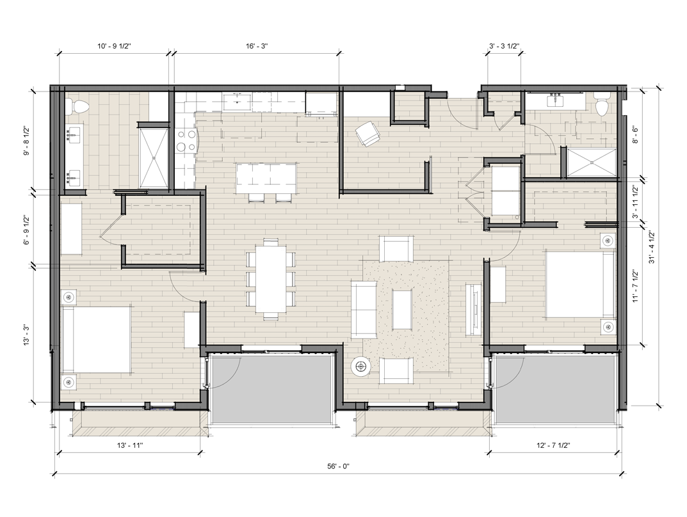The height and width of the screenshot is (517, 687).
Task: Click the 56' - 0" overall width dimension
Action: [x=338, y=466]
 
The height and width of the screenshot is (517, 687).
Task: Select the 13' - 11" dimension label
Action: [x=130, y=445]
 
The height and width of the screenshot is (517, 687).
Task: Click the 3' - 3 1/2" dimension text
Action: [x=505, y=45]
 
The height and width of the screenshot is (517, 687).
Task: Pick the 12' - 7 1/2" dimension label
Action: [x=553, y=445]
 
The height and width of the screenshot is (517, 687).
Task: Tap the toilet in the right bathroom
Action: [x=601, y=103]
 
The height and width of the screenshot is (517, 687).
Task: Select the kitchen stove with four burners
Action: [x=186, y=141]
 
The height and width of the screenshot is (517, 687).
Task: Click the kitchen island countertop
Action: [x=266, y=178]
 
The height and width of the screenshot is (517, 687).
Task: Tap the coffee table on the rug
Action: [x=402, y=310]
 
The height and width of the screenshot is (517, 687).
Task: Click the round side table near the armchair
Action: [x=361, y=366]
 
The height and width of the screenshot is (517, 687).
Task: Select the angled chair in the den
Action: [x=368, y=133]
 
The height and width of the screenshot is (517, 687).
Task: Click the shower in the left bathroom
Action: [x=154, y=159]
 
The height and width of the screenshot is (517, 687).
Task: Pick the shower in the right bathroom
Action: [x=591, y=163]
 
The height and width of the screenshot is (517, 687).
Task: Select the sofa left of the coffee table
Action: [x=364, y=310]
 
